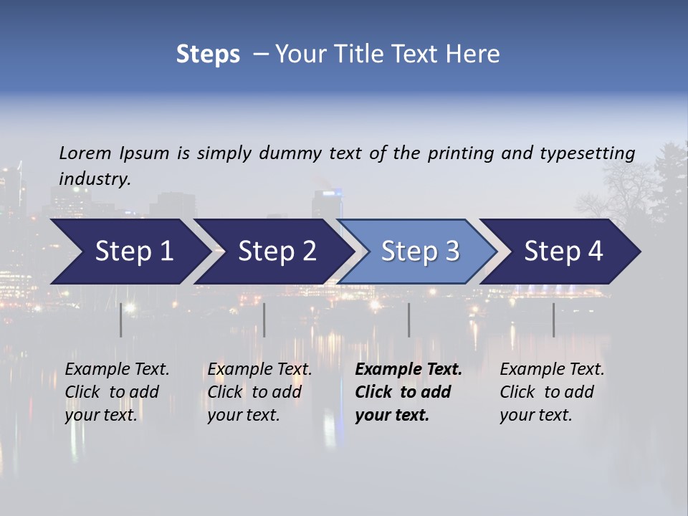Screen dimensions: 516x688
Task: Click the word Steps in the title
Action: coord(208,54)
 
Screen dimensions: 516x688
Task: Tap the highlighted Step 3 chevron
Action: coord(420,252)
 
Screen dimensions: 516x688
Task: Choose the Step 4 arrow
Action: coord(563,252)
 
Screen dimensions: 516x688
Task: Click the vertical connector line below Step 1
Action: coord(121,320)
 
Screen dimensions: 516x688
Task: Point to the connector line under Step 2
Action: coord(264,320)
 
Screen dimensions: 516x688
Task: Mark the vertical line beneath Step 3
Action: coord(409,320)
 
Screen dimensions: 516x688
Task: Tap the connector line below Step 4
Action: coord(553,320)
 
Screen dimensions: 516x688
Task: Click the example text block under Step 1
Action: coord(117,392)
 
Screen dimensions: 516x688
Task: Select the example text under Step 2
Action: coord(259,392)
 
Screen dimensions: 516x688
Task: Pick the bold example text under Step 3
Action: coord(408,392)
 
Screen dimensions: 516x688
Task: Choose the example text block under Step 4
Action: coord(552,392)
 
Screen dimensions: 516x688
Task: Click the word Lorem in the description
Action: coord(85,153)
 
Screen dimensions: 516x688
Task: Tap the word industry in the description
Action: coord(95,179)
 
